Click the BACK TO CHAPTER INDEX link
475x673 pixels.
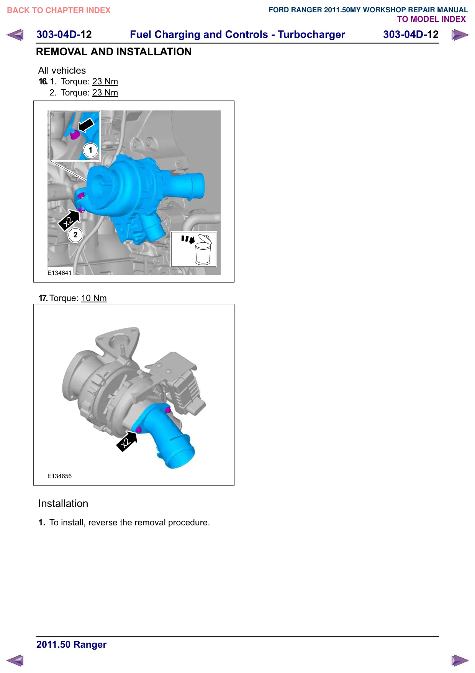[59, 10]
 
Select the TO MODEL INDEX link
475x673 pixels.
[431, 19]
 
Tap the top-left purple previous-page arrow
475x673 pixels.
[15, 35]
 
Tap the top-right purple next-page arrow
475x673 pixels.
[460, 35]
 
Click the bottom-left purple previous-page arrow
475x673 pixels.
[15, 660]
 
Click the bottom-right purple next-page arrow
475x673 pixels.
[460, 660]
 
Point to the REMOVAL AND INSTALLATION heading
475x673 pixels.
[114, 52]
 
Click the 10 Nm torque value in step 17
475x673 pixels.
[94, 298]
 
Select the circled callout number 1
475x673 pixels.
[90, 150]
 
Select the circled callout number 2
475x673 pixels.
[75, 235]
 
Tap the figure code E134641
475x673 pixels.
[59, 273]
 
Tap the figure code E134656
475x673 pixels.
[59, 476]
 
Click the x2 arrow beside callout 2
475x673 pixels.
[69, 220]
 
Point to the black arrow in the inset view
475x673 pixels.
[86, 125]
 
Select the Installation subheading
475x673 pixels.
[63, 504]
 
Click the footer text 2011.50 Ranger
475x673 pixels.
[72, 645]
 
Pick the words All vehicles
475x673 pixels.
[62, 71]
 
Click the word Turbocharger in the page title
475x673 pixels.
[311, 35]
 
